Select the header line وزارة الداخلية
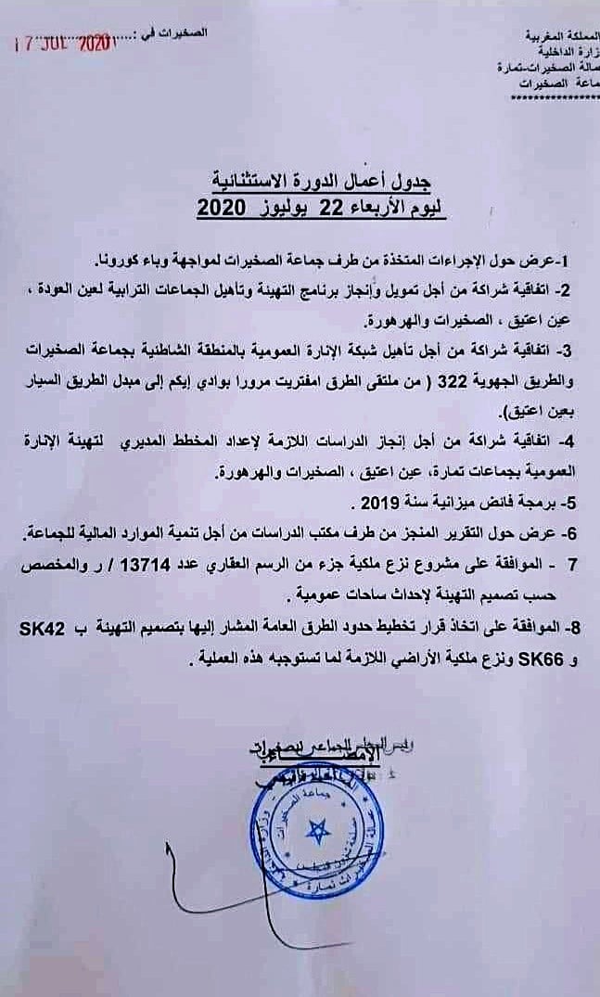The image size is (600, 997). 564,53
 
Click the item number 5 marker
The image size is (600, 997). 571,505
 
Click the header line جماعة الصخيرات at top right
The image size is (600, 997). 556,84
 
